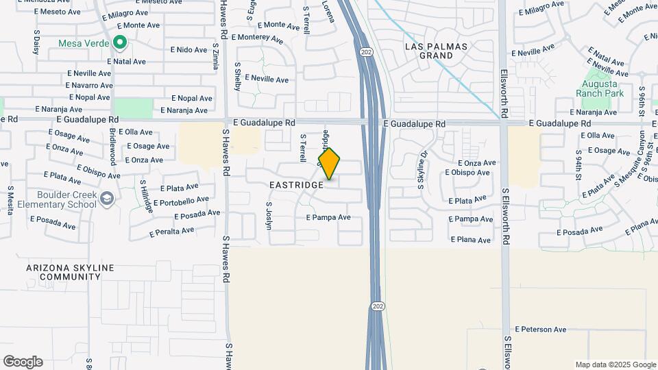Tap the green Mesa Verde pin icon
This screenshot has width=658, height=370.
click(x=120, y=43)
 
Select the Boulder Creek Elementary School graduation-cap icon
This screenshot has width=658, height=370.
click(x=106, y=199)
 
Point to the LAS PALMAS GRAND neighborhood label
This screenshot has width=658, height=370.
click(x=436, y=51)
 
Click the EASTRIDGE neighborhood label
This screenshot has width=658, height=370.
click(x=296, y=186)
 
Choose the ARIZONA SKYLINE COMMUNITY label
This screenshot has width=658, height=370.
click(x=70, y=272)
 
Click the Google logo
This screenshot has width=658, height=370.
click(x=23, y=362)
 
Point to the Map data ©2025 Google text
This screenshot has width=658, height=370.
click(x=616, y=365)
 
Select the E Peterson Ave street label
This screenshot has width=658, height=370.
click(x=541, y=330)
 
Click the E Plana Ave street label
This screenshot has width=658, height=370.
click(x=471, y=241)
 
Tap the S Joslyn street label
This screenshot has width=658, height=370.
click(x=269, y=214)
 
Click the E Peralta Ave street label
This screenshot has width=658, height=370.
click(x=171, y=232)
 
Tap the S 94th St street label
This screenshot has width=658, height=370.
click(x=579, y=162)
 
